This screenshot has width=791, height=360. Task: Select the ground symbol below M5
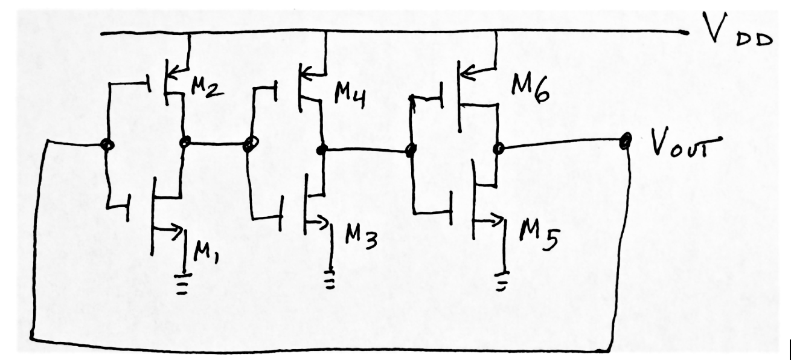click(x=503, y=282)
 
